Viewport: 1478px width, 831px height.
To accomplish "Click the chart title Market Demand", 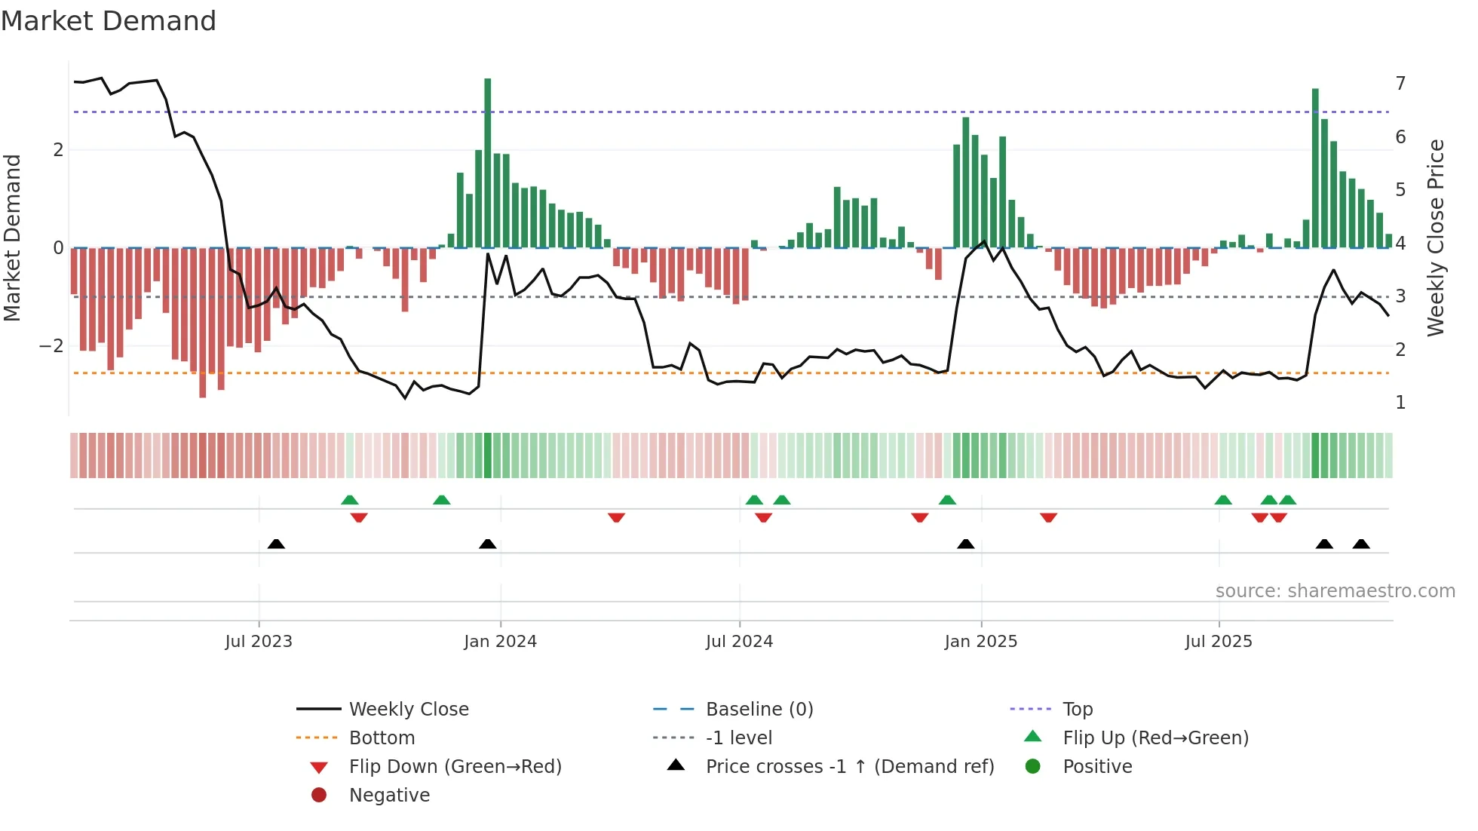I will click(109, 21).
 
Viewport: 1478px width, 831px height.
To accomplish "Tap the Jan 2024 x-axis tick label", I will click(500, 642).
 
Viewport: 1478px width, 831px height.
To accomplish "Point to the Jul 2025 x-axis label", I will click(1218, 642).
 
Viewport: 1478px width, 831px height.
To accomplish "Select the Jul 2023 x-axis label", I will click(259, 642).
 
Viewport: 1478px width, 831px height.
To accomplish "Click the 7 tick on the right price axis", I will click(1400, 83).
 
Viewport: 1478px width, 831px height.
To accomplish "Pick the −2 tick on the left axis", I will click(52, 346).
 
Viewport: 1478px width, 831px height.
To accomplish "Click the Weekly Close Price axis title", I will click(1436, 238).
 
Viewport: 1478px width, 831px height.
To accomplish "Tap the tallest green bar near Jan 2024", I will click(488, 162).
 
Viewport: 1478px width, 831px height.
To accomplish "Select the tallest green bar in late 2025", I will click(1315, 167).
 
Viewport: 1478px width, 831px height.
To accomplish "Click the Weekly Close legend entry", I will click(408, 710).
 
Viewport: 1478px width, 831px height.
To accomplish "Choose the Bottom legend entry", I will click(382, 738).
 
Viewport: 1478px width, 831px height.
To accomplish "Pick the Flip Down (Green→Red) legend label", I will click(455, 767).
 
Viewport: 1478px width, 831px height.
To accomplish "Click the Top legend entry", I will click(1077, 710).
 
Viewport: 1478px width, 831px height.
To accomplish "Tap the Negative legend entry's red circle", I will click(319, 796).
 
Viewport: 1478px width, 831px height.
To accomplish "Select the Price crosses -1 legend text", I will click(850, 767).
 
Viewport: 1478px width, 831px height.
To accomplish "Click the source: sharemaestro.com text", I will click(1335, 591).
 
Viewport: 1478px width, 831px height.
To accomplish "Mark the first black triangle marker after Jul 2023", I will click(276, 544).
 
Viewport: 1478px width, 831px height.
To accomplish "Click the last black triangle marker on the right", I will click(1361, 544).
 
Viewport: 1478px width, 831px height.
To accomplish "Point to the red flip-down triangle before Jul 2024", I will click(616, 517).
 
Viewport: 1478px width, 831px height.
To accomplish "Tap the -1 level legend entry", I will click(738, 738).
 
